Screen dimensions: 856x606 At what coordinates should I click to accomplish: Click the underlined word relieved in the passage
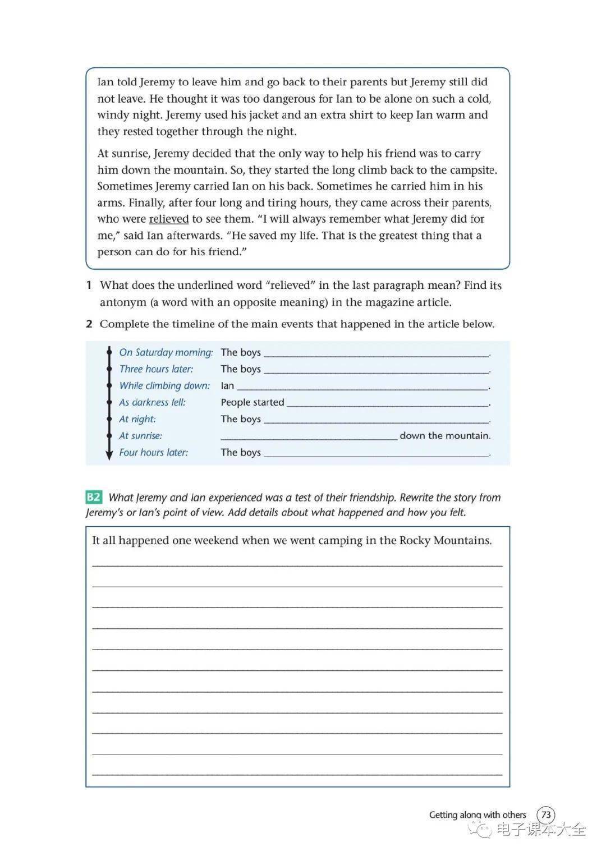point(168,219)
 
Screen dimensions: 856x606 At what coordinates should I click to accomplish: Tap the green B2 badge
point(94,497)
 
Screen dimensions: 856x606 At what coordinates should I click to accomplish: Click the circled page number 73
point(545,814)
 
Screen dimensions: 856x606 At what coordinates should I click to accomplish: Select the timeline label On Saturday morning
point(166,352)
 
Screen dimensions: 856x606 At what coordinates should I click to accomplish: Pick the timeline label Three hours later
point(156,369)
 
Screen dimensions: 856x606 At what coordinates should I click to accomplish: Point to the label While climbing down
point(164,386)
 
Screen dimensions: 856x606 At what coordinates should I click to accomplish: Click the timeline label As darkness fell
point(152,402)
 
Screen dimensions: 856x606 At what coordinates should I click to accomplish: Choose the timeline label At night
point(137,419)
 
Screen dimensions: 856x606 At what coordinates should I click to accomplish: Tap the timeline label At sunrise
point(140,436)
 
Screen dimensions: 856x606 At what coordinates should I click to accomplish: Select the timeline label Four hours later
point(153,453)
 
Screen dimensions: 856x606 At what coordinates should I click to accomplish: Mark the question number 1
point(89,286)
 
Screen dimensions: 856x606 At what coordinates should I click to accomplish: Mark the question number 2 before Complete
point(89,324)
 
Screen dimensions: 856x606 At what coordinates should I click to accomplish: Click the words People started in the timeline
point(252,402)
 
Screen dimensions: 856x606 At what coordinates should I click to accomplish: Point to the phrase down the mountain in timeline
point(445,436)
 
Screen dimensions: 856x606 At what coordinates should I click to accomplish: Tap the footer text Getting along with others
point(478,815)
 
